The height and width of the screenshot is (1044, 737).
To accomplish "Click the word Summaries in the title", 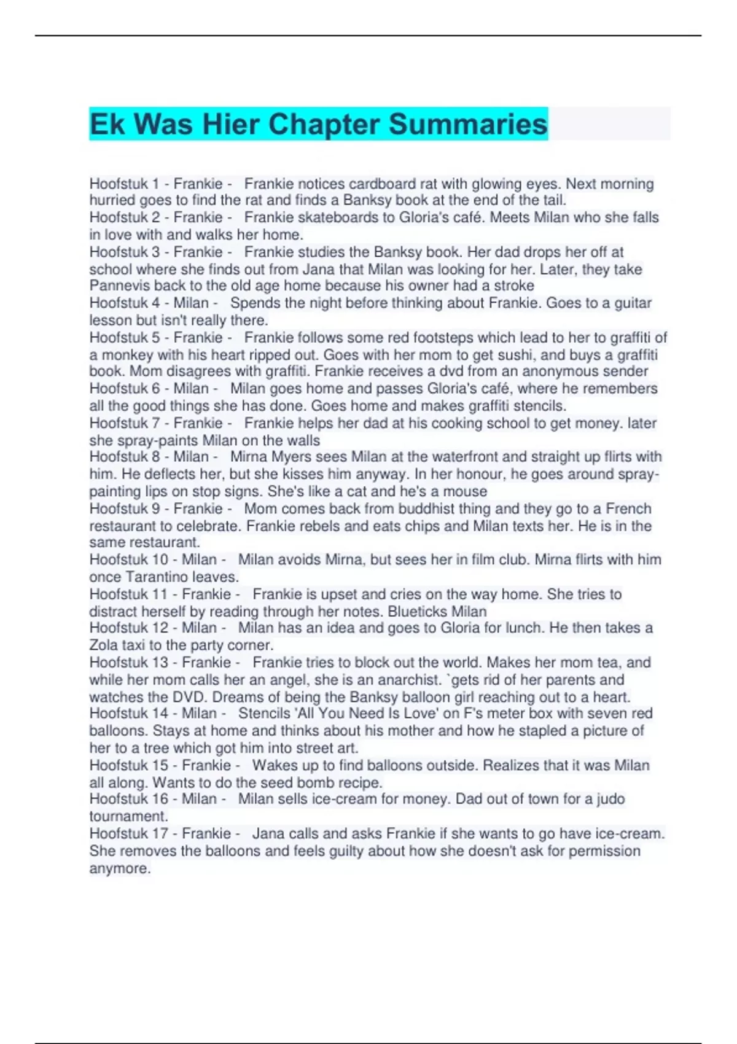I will (x=467, y=124).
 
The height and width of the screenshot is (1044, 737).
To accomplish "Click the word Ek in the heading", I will (x=107, y=124).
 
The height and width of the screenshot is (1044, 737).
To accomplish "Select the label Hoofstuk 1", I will (x=124, y=184).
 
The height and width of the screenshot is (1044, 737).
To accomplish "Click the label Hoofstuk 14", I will (x=128, y=714).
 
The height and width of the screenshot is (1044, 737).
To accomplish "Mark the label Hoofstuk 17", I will (x=128, y=833).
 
